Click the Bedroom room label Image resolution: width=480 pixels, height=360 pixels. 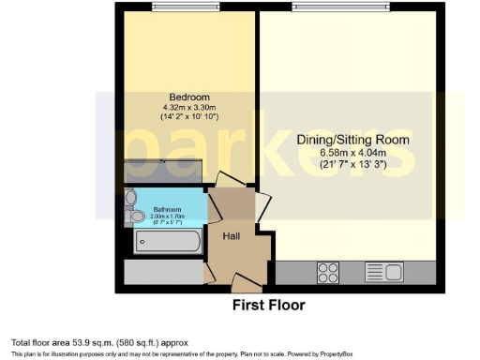click(188, 97)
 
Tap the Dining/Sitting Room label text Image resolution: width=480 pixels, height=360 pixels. click(352, 139)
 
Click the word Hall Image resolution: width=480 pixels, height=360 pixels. click(232, 235)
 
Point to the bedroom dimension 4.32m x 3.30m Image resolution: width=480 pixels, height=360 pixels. click(188, 108)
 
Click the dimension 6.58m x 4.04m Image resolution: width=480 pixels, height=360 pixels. click(352, 152)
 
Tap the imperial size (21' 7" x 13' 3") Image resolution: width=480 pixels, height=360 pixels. click(352, 164)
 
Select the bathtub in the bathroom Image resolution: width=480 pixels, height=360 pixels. click(167, 242)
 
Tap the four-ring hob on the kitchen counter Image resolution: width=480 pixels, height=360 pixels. click(329, 273)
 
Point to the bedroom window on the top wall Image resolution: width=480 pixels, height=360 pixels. click(187, 10)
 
